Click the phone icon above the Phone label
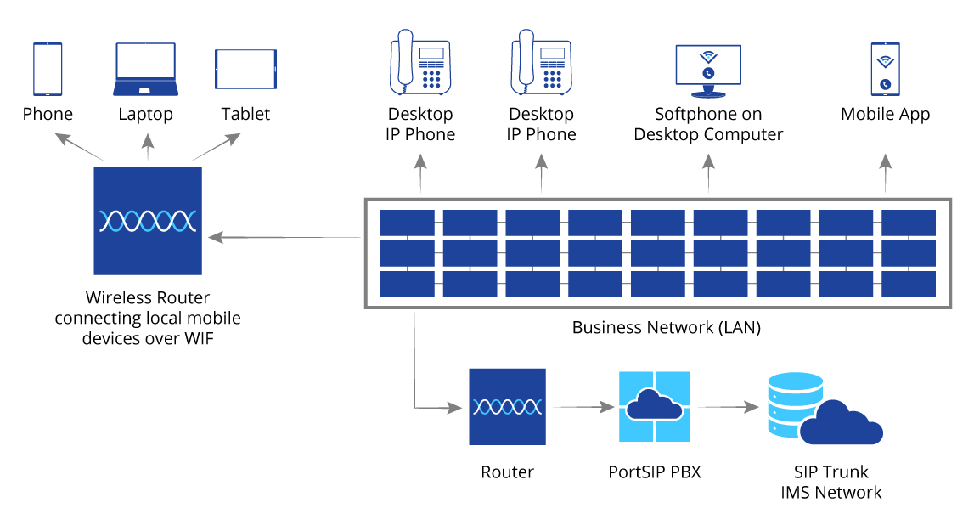[48, 70]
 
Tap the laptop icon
[146, 70]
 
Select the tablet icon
[245, 69]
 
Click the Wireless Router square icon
[148, 221]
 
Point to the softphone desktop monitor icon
[707, 71]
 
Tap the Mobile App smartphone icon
[885, 70]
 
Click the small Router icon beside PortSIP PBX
[507, 406]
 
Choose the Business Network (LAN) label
[667, 327]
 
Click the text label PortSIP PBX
[655, 472]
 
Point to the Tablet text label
[245, 114]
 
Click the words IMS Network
[830, 493]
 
